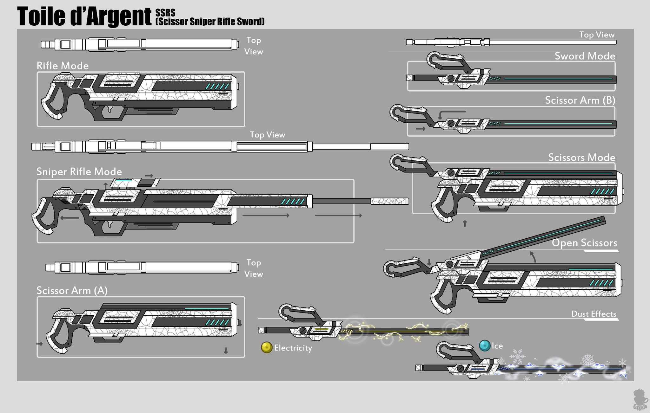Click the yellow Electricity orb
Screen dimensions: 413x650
(267, 347)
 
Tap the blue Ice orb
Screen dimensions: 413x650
(485, 345)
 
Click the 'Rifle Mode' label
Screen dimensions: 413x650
(63, 66)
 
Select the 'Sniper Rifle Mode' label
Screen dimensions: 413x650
(79, 171)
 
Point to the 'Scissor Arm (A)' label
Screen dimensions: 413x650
(72, 290)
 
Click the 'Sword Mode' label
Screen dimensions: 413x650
(585, 56)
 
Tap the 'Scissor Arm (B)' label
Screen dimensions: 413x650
(580, 100)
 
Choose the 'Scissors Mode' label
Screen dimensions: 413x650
(581, 157)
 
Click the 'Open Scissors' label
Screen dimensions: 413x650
(584, 243)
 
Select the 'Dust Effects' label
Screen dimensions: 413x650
(594, 314)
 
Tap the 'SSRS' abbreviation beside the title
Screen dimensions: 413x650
(165, 13)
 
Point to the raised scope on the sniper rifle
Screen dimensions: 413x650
(135, 183)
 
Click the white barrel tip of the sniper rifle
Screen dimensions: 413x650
(389, 201)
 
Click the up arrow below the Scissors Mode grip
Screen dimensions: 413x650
(465, 223)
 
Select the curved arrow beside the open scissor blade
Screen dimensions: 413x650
(533, 256)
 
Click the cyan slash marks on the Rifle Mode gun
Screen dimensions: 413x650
(217, 86)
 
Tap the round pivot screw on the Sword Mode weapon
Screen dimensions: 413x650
(451, 78)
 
